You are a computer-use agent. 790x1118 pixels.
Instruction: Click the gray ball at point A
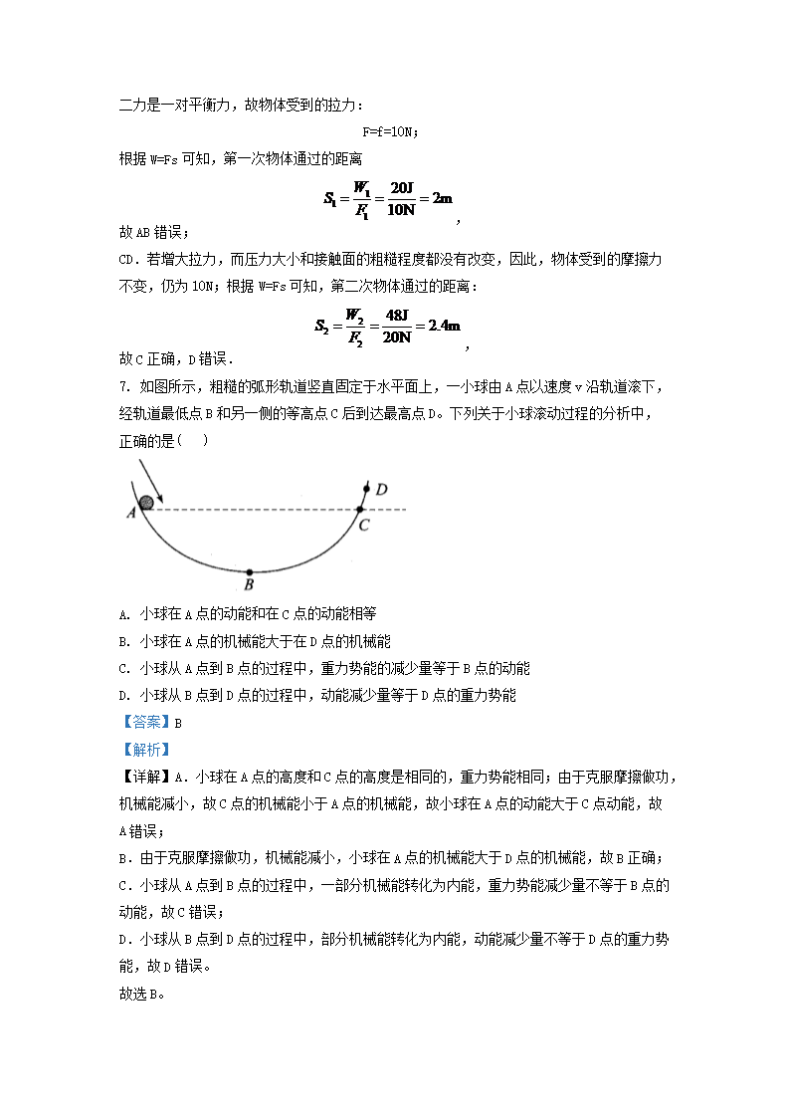point(147,503)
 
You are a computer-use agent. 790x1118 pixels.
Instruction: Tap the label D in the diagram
point(380,488)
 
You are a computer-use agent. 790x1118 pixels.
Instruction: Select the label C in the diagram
point(364,525)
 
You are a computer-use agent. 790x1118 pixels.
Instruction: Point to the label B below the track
point(249,584)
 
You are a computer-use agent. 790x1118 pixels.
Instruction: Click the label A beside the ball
point(130,514)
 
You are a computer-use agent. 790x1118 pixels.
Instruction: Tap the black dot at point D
point(367,488)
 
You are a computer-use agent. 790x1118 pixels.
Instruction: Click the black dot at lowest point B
point(249,570)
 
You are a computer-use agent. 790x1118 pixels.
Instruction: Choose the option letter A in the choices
point(122,614)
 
